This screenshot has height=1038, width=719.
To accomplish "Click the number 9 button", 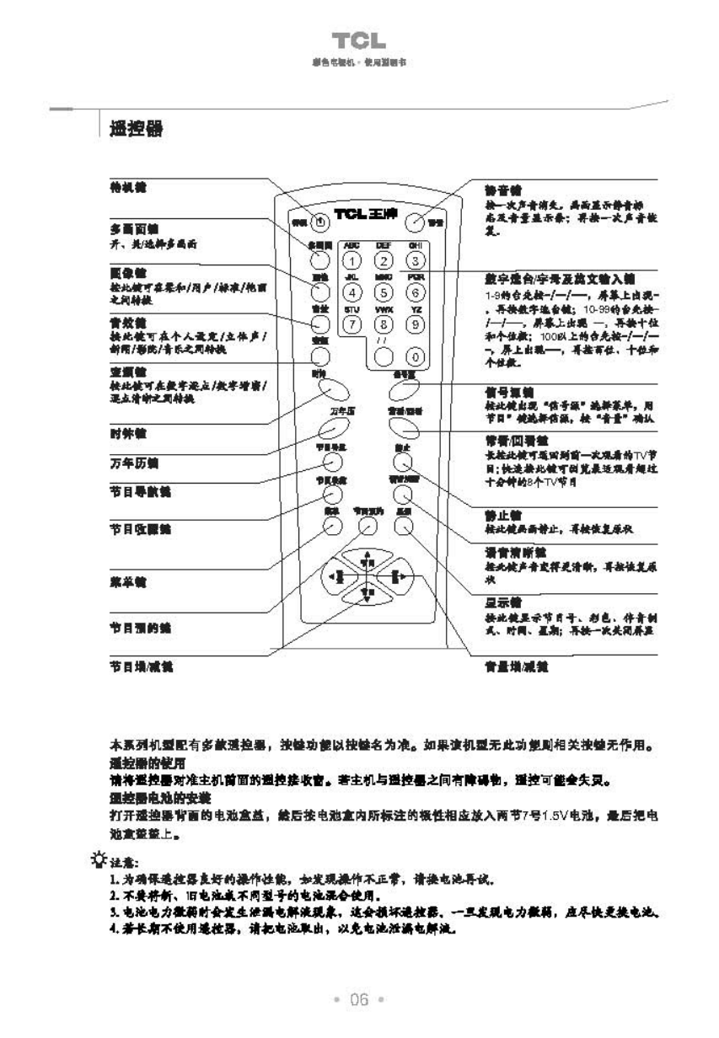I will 413,324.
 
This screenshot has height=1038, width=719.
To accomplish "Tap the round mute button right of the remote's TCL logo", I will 415,222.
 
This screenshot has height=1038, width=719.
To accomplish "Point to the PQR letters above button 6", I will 413,276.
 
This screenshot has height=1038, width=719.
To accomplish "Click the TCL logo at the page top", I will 359,40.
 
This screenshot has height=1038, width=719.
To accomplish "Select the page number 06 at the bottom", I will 359,1000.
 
